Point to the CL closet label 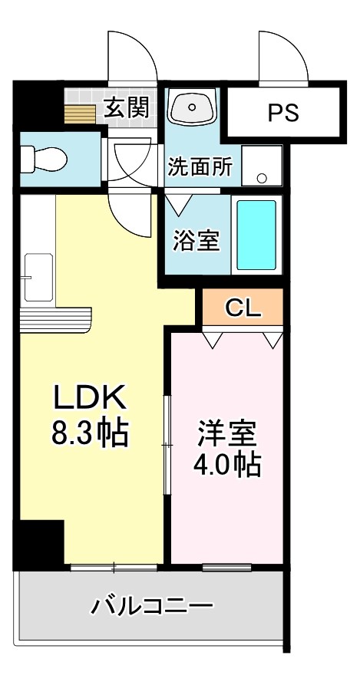(x=243, y=309)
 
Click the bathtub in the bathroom (x=256, y=235)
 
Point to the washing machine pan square (x=262, y=165)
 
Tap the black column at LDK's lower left (x=38, y=545)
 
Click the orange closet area (x=243, y=309)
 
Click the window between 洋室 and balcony (x=227, y=568)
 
